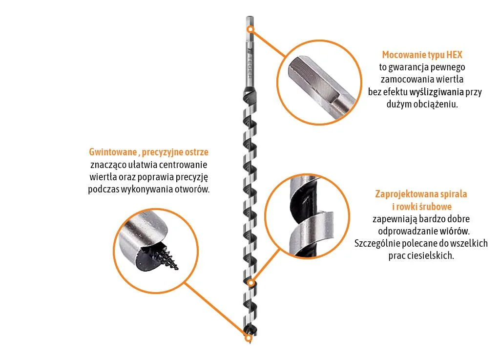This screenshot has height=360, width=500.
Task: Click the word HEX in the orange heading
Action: coord(454,55)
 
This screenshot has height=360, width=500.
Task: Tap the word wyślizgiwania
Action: coord(437,92)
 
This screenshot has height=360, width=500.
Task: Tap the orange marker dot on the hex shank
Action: coord(250,29)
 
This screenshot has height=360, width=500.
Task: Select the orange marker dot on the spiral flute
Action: coord(251,283)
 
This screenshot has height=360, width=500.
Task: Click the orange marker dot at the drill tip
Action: coord(248,338)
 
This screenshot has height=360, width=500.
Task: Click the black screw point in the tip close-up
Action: coord(169,256)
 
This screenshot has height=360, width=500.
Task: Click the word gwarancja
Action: coord(409,67)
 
